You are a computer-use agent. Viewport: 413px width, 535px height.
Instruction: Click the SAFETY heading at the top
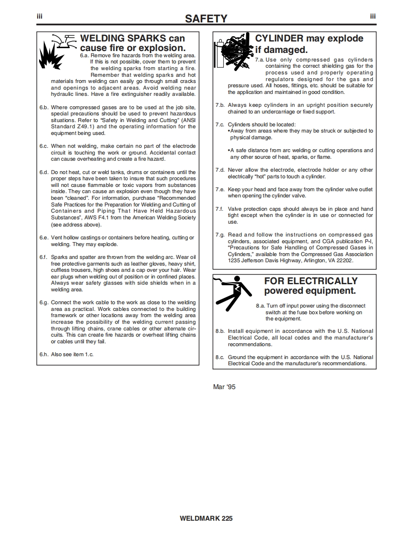(206, 19)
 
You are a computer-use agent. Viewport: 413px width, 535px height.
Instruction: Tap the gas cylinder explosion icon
(233, 51)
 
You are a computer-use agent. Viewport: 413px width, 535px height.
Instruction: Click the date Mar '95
(224, 387)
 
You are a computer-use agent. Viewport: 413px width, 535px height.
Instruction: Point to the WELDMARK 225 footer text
(206, 518)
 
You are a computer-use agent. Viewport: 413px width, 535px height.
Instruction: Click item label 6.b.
(44, 107)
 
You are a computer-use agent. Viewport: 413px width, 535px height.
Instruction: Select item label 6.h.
(44, 355)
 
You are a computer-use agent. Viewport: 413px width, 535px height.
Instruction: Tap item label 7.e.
(220, 189)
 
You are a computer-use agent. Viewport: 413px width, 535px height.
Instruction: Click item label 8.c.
(220, 357)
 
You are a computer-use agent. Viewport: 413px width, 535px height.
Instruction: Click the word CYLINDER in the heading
(279, 38)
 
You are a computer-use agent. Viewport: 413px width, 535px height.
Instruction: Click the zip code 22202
(345, 261)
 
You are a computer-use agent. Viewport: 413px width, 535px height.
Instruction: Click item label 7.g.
(220, 235)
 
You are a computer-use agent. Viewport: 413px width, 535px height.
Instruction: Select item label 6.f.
(44, 257)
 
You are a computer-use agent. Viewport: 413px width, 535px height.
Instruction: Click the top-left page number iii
(40, 16)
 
